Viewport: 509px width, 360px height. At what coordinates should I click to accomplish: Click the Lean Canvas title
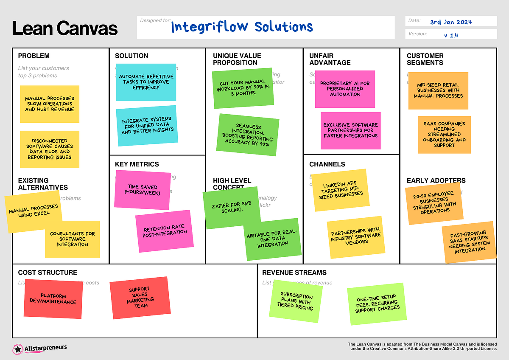click(65, 28)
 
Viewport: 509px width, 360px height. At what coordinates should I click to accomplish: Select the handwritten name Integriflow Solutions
click(242, 27)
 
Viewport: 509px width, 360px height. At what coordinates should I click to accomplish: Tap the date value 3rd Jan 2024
click(451, 22)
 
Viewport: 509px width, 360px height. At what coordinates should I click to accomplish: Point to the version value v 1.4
click(451, 35)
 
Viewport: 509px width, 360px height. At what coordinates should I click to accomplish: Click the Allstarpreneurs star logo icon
click(18, 349)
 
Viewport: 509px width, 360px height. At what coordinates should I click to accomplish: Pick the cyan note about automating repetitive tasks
click(146, 82)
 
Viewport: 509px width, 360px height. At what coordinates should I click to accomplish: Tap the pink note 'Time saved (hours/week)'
click(143, 190)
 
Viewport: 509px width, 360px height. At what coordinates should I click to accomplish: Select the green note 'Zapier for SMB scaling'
click(231, 207)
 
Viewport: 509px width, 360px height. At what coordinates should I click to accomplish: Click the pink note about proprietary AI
click(345, 89)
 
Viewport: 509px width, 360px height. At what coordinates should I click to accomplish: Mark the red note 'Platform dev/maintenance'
click(53, 298)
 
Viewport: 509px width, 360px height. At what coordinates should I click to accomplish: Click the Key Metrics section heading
click(137, 164)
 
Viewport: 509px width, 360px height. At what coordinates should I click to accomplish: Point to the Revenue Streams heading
click(294, 273)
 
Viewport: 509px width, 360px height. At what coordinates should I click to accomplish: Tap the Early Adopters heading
click(436, 180)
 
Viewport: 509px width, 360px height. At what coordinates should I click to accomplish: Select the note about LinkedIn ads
click(340, 190)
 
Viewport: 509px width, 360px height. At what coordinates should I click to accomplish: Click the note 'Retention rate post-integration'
click(164, 230)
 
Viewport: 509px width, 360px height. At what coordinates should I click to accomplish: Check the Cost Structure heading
click(48, 273)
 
